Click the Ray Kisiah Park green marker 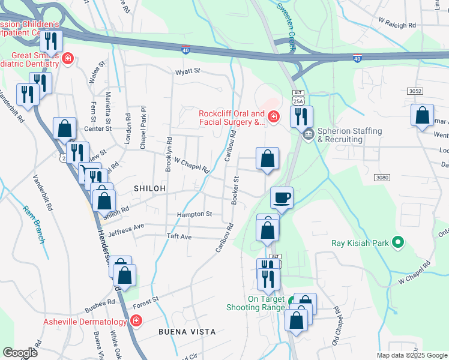click(397, 243)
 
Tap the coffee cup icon click(282, 197)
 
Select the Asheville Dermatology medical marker click(136, 321)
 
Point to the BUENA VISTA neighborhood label click(187, 331)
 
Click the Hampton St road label click(194, 214)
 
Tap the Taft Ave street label click(178, 237)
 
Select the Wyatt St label click(187, 71)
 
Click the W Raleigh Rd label click(397, 26)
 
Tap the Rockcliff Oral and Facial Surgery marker click(273, 116)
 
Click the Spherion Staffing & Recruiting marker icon click(309, 133)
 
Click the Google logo click(20, 352)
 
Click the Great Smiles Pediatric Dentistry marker click(68, 59)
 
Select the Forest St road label click(146, 299)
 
